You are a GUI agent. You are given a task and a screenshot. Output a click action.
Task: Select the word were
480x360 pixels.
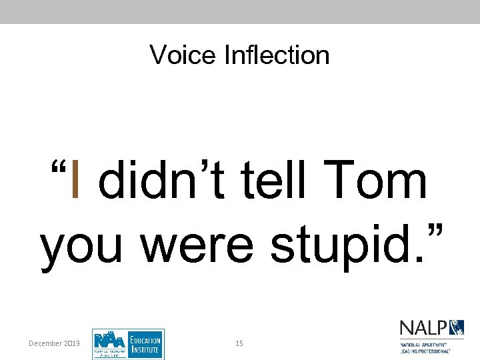(x=197, y=245)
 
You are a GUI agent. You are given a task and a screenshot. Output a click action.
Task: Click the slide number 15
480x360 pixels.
(x=239, y=343)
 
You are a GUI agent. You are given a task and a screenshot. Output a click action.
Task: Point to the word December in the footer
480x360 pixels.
(x=46, y=343)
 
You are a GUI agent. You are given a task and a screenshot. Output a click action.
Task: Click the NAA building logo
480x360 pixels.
(x=108, y=343)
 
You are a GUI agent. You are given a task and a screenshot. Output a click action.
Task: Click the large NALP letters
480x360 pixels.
(x=424, y=327)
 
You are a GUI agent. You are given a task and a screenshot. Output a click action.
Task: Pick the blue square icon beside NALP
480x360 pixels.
(x=457, y=327)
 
